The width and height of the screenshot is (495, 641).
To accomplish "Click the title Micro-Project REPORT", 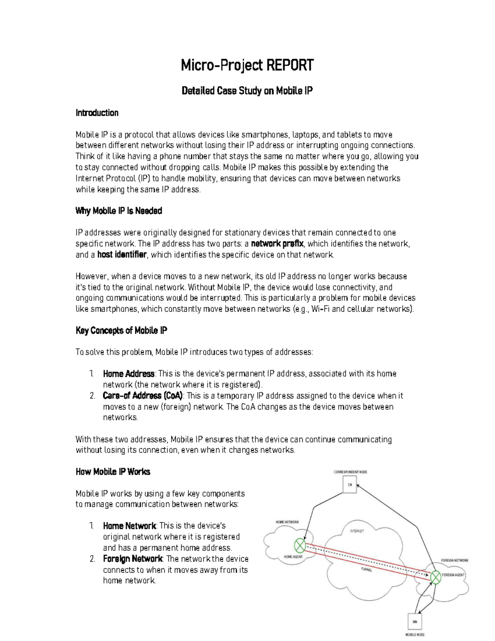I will pyautogui.click(x=247, y=65).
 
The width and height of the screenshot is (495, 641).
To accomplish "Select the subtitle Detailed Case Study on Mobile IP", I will pyautogui.click(x=247, y=91).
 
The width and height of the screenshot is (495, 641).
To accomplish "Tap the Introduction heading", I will pyautogui.click(x=97, y=113).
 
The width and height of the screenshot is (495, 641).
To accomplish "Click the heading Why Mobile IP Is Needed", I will pyautogui.click(x=119, y=211).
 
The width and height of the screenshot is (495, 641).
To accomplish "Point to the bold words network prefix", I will pyautogui.click(x=277, y=244).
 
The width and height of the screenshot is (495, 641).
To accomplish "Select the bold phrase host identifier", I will pyautogui.click(x=122, y=255).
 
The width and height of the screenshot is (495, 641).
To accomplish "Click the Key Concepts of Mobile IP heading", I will pyautogui.click(x=121, y=331).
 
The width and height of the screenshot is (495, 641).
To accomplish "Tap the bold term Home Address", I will pyautogui.click(x=128, y=374).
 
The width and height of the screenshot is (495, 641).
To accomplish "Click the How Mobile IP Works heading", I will pyautogui.click(x=113, y=472).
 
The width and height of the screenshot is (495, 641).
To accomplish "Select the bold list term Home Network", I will pyautogui.click(x=129, y=526).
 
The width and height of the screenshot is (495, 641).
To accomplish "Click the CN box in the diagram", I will pyautogui.click(x=350, y=485).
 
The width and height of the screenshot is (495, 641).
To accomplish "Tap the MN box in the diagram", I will pyautogui.click(x=415, y=621).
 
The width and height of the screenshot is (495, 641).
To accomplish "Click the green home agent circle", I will pyautogui.click(x=300, y=546).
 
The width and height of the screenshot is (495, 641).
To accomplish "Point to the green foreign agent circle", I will pyautogui.click(x=436, y=577).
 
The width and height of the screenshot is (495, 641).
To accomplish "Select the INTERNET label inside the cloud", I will pyautogui.click(x=357, y=531).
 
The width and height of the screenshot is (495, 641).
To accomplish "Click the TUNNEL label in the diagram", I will pyautogui.click(x=366, y=570).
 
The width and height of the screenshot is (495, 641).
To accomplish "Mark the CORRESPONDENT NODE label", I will pyautogui.click(x=350, y=472).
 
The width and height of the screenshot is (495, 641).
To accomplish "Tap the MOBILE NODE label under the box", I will pyautogui.click(x=415, y=635).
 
